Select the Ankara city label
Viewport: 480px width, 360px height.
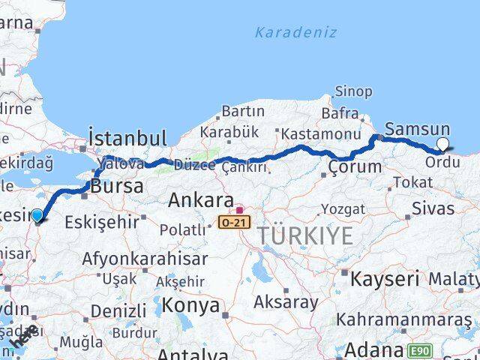pos(200,200)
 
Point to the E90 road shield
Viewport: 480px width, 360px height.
pos(420,350)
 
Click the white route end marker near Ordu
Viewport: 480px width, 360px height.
pos(442,144)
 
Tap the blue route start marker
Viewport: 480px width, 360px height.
pos(38,216)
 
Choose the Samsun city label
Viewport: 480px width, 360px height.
pos(417,129)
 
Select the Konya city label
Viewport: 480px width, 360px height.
pos(192,305)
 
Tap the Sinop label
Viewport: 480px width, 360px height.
pos(353,91)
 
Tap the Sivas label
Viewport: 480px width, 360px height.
pos(436,208)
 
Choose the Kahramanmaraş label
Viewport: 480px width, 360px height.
pos(403,319)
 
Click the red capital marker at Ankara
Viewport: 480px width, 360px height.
pos(239,210)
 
